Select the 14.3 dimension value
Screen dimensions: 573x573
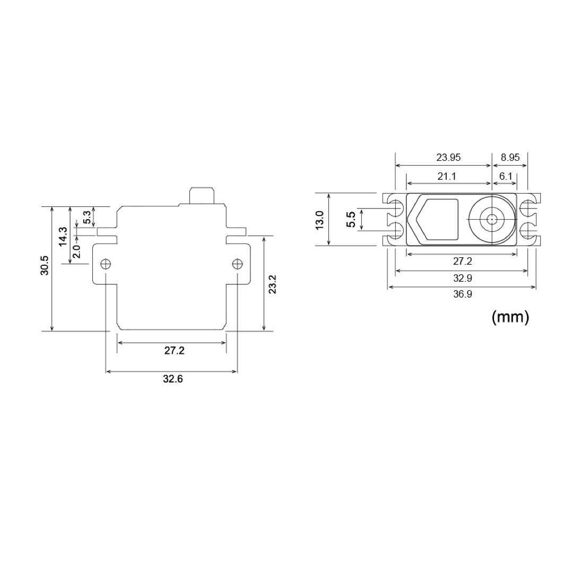pyautogui.click(x=63, y=236)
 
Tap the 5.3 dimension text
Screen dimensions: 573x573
pyautogui.click(x=86, y=216)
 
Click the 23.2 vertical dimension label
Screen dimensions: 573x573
pyautogui.click(x=272, y=284)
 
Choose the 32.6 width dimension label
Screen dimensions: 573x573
pyautogui.click(x=172, y=379)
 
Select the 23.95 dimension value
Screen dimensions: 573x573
pyautogui.click(x=448, y=157)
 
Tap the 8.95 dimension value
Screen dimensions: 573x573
pyautogui.click(x=510, y=157)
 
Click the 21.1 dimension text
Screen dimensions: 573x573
pyautogui.click(x=447, y=176)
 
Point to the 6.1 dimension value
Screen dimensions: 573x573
pyautogui.click(x=505, y=176)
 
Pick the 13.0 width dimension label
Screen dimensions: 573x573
pyautogui.click(x=319, y=219)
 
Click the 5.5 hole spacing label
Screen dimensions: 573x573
pyautogui.click(x=351, y=219)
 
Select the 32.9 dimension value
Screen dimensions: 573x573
pyautogui.click(x=462, y=278)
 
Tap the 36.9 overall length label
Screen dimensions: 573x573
pyautogui.click(x=462, y=294)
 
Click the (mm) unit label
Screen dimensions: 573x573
pyautogui.click(x=510, y=317)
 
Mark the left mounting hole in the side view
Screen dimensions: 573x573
pyautogui.click(x=106, y=264)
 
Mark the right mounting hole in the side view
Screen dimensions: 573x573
pyautogui.click(x=237, y=264)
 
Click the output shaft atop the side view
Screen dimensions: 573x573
pyautogui.click(x=202, y=195)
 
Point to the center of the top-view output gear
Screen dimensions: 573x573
pyautogui.click(x=492, y=219)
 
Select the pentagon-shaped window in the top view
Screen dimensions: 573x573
pyautogui.click(x=435, y=219)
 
